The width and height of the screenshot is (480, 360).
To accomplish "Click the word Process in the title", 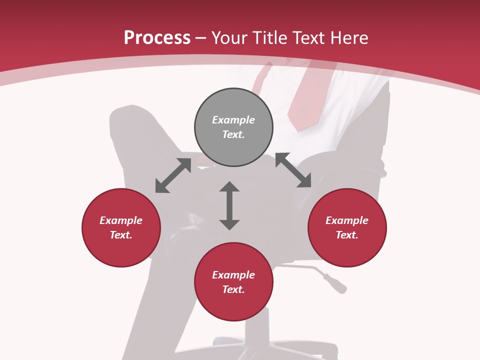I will pyautogui.click(x=157, y=38).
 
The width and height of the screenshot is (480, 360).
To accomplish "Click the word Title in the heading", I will pyautogui.click(x=269, y=38).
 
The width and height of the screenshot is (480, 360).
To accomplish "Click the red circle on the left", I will pyautogui.click(x=121, y=227).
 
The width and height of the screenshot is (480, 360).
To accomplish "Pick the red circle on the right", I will pyautogui.click(x=347, y=227).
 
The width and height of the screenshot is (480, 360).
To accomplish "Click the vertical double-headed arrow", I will pyautogui.click(x=229, y=205).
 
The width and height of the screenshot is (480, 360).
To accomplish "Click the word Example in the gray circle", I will pyautogui.click(x=233, y=120).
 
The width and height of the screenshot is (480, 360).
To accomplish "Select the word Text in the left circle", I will pyautogui.click(x=121, y=235).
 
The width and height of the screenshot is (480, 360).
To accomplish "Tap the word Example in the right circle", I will pyautogui.click(x=347, y=220).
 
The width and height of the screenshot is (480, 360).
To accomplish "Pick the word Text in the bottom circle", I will pyautogui.click(x=233, y=289).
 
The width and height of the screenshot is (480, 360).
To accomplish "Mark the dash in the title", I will pyautogui.click(x=201, y=38).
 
